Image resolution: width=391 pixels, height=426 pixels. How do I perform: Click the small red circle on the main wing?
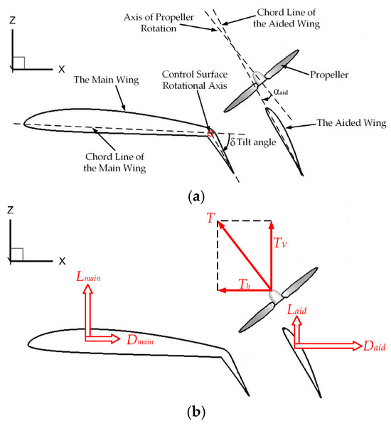pos(210,133)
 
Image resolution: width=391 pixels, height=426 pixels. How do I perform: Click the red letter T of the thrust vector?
pos(211,221)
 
